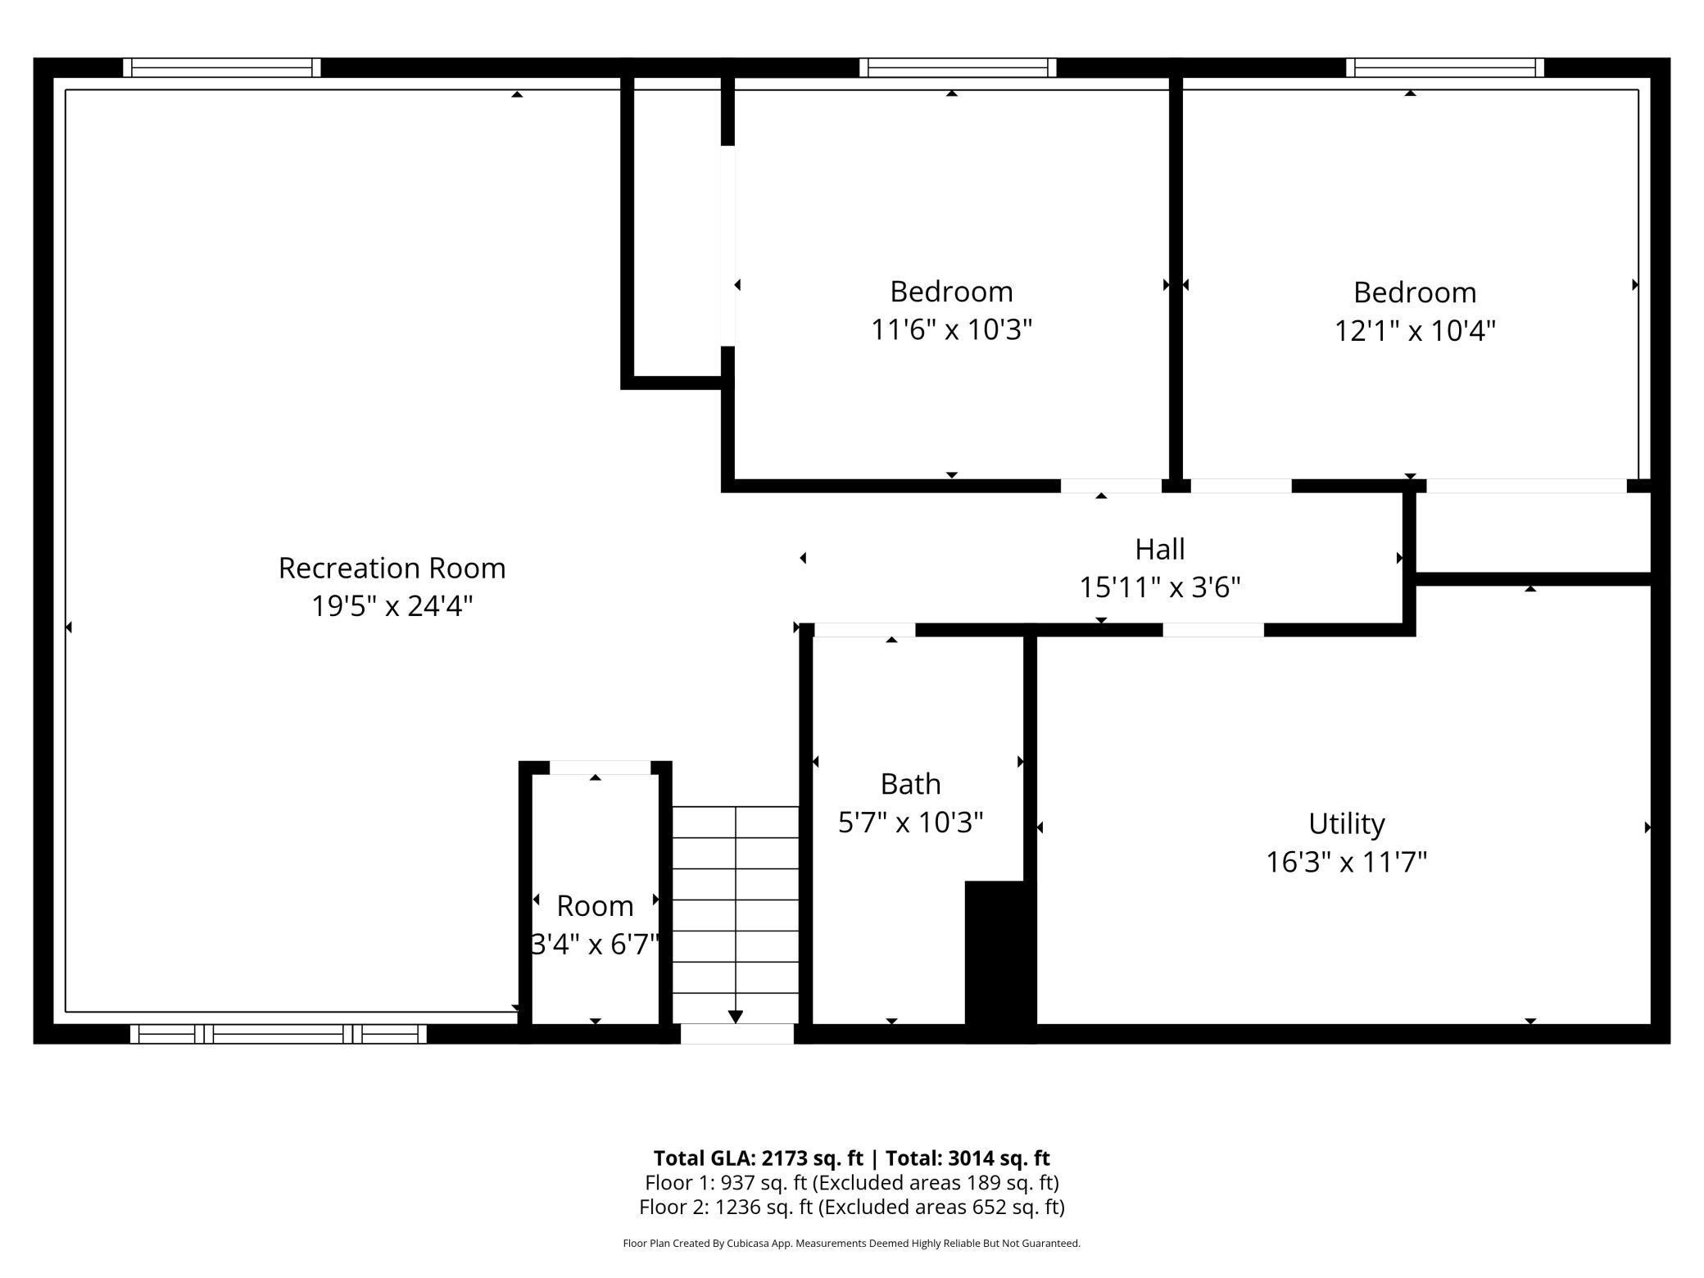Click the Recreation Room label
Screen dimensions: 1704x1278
click(x=392, y=568)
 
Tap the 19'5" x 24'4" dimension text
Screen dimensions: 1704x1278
click(x=392, y=606)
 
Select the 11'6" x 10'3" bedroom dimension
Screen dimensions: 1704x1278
click(x=951, y=329)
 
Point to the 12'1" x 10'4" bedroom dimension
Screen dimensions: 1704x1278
click(x=1415, y=330)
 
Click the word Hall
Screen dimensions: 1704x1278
click(x=1159, y=549)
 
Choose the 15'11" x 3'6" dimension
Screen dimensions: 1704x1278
click(x=1159, y=587)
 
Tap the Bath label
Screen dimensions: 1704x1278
click(x=910, y=784)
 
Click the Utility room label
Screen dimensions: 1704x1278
click(x=1346, y=823)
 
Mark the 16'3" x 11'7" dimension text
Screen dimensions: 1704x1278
click(x=1346, y=862)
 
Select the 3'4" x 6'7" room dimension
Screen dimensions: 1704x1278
click(x=595, y=945)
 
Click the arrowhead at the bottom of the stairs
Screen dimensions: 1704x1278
click(x=735, y=1017)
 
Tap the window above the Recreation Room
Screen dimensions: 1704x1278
click(x=221, y=67)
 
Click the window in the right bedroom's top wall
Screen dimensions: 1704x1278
click(x=1445, y=67)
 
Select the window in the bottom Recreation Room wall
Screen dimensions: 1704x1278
click(x=279, y=1034)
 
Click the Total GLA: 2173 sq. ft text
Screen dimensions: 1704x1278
click(x=758, y=1158)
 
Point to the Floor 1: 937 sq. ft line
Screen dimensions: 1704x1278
click(x=852, y=1183)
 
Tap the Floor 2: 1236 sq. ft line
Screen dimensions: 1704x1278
click(x=852, y=1207)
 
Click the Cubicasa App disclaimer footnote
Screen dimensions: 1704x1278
click(x=852, y=1244)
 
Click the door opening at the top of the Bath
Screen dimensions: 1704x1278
click(x=864, y=630)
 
